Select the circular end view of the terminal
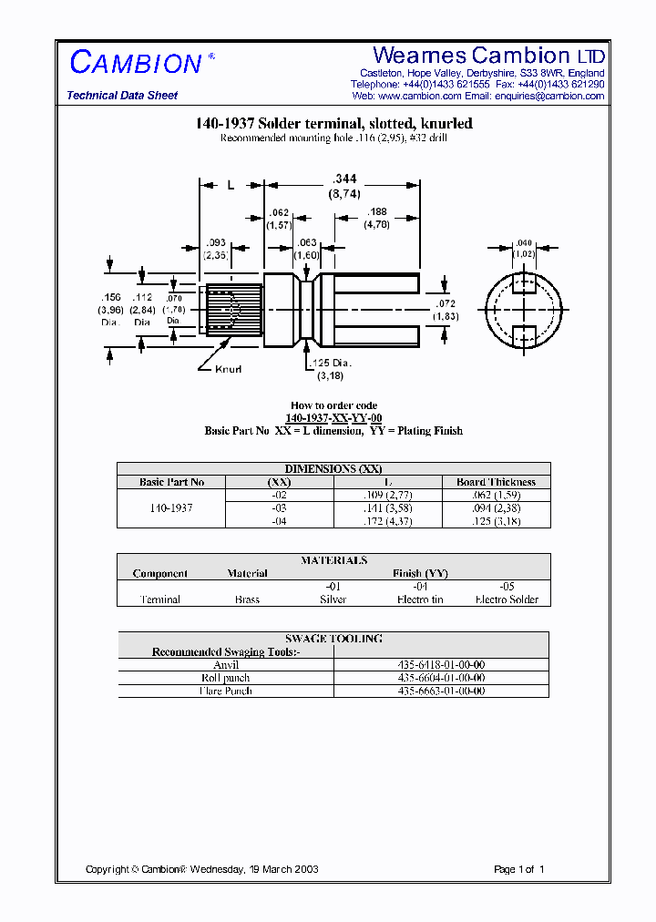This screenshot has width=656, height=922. pos(522,312)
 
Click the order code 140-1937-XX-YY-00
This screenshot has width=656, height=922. pos(333,418)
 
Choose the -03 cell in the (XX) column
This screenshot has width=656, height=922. pos(279,507)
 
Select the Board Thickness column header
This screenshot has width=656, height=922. pos(496,482)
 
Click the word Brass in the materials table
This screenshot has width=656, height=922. pos(247,599)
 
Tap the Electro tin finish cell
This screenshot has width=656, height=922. pos(420,599)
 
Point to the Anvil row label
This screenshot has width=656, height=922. pos(225,665)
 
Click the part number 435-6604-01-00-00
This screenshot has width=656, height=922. pos(442,678)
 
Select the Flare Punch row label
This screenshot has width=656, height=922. pos(225,691)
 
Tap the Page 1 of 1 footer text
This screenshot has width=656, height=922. pos(519,869)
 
